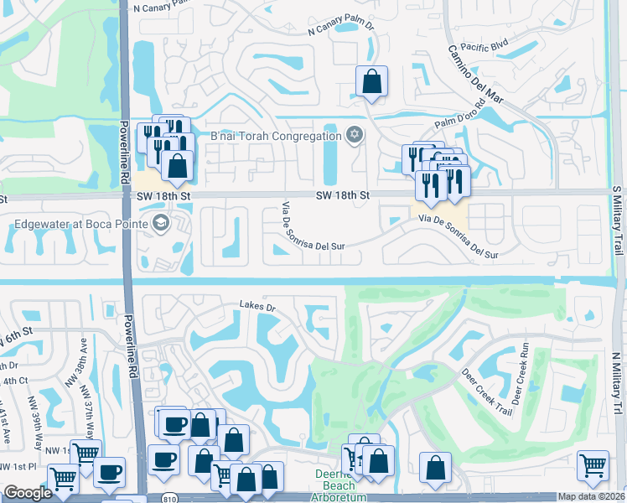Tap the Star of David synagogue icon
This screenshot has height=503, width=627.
(355, 135)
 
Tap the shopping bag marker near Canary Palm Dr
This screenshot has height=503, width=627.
(371, 82)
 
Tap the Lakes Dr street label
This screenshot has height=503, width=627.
(257, 307)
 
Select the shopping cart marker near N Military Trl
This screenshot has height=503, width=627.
(593, 465)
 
